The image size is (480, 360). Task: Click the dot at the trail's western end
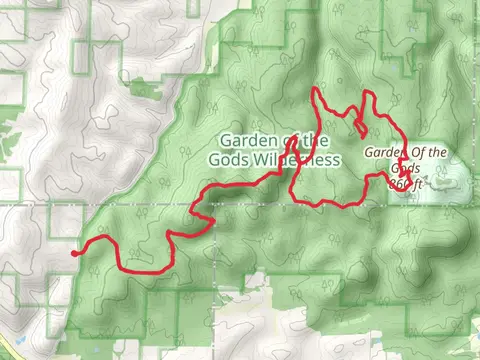pos(75,254)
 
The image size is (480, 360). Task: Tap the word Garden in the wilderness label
pos(244,140)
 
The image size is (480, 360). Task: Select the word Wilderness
pos(303,159)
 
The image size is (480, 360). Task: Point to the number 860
pos(397,184)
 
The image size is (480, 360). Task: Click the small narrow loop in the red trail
pos(359,127)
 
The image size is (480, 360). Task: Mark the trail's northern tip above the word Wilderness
pos(317,91)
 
